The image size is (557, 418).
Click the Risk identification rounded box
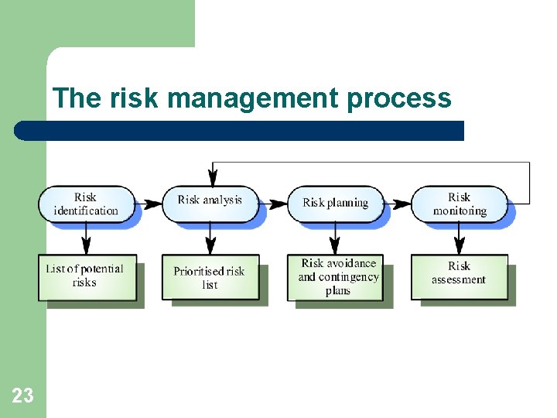click(86, 204)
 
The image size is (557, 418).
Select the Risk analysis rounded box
click(210, 200)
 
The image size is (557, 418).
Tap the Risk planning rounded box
click(335, 203)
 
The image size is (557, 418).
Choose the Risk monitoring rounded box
click(459, 204)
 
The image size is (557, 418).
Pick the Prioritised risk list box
click(210, 277)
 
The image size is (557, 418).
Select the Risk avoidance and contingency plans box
click(337, 277)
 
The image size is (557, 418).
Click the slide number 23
click(23, 396)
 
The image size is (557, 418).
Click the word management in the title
click(253, 99)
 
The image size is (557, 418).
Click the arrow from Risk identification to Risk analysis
click(149, 204)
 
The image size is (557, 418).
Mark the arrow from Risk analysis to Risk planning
click(273, 204)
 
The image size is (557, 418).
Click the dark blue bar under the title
click(240, 131)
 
